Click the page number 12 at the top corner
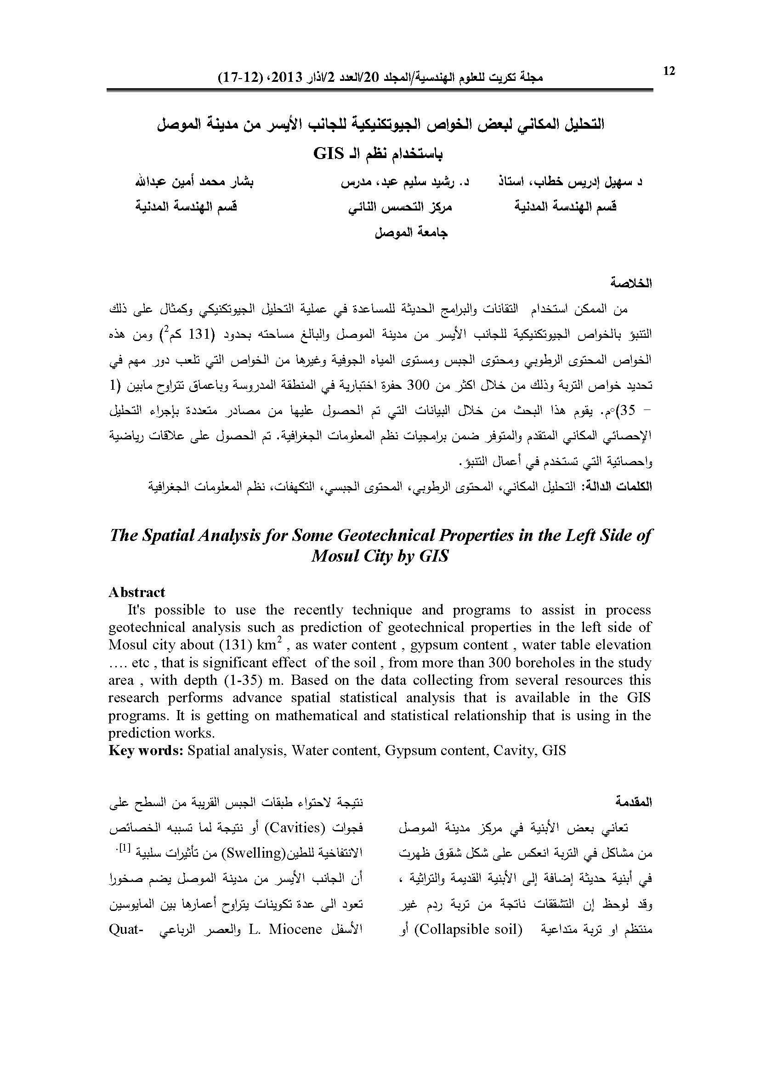click(669, 71)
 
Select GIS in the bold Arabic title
click(329, 153)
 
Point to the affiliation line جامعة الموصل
click(411, 232)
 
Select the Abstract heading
click(136, 592)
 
